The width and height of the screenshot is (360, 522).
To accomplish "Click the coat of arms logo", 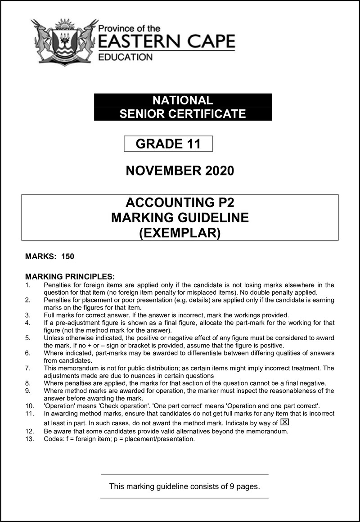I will click(x=64, y=42).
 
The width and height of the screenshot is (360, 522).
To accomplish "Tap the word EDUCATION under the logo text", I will click(x=125, y=57).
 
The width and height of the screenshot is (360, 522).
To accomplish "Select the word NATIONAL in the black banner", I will click(x=182, y=100).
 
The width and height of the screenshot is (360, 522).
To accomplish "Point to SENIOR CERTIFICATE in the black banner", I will click(x=183, y=114).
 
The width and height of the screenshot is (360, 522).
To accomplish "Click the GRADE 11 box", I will click(x=168, y=144).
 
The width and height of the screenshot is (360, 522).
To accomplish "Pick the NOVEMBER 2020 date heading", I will click(x=180, y=171).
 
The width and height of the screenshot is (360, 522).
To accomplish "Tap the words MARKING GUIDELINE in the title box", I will click(x=180, y=218).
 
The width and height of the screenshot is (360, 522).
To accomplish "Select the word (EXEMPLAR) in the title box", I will click(x=180, y=234).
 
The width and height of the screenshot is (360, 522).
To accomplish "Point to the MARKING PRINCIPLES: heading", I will click(x=70, y=276).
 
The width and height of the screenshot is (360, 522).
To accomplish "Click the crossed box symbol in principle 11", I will click(x=284, y=422).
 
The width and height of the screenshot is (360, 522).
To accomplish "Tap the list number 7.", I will click(x=28, y=368).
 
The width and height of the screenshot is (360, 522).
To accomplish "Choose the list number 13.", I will click(x=30, y=439).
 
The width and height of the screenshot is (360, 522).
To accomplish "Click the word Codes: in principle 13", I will click(x=54, y=439).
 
